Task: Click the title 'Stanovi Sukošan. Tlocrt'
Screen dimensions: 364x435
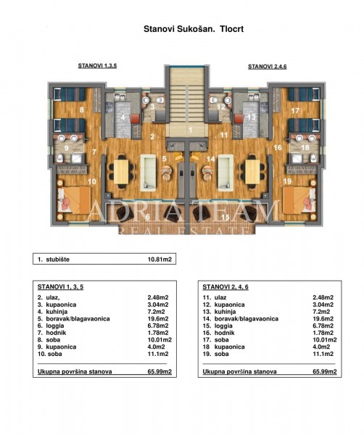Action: click(x=194, y=29)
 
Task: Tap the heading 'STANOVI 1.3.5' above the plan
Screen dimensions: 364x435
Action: click(x=97, y=66)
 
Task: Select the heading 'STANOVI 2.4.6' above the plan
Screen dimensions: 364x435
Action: click(x=267, y=67)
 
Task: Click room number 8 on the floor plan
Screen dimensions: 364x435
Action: click(x=81, y=110)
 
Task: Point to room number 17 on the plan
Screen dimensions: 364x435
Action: click(x=295, y=111)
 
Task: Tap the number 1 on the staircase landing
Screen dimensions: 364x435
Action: click(x=190, y=130)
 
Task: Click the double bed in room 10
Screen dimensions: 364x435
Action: click(x=74, y=200)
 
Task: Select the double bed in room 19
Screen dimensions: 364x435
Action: click(x=299, y=200)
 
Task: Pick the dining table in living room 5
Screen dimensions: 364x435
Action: click(x=121, y=172)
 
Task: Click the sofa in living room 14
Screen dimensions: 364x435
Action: click(x=226, y=173)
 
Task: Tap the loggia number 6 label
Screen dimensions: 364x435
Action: click(x=148, y=216)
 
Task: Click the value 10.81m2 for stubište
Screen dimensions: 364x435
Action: click(x=160, y=260)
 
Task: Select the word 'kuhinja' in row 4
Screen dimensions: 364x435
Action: click(x=57, y=312)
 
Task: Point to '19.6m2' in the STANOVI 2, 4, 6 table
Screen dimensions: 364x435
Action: click(x=323, y=319)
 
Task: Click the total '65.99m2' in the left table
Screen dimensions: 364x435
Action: click(x=160, y=372)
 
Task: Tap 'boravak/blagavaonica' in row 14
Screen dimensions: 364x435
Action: click(x=246, y=319)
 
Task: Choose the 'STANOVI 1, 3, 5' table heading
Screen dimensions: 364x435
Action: click(x=60, y=287)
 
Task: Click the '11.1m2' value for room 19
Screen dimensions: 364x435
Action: click(x=323, y=354)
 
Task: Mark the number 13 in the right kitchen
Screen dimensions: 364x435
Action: click(x=251, y=117)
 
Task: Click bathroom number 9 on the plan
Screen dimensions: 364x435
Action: click(x=66, y=148)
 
